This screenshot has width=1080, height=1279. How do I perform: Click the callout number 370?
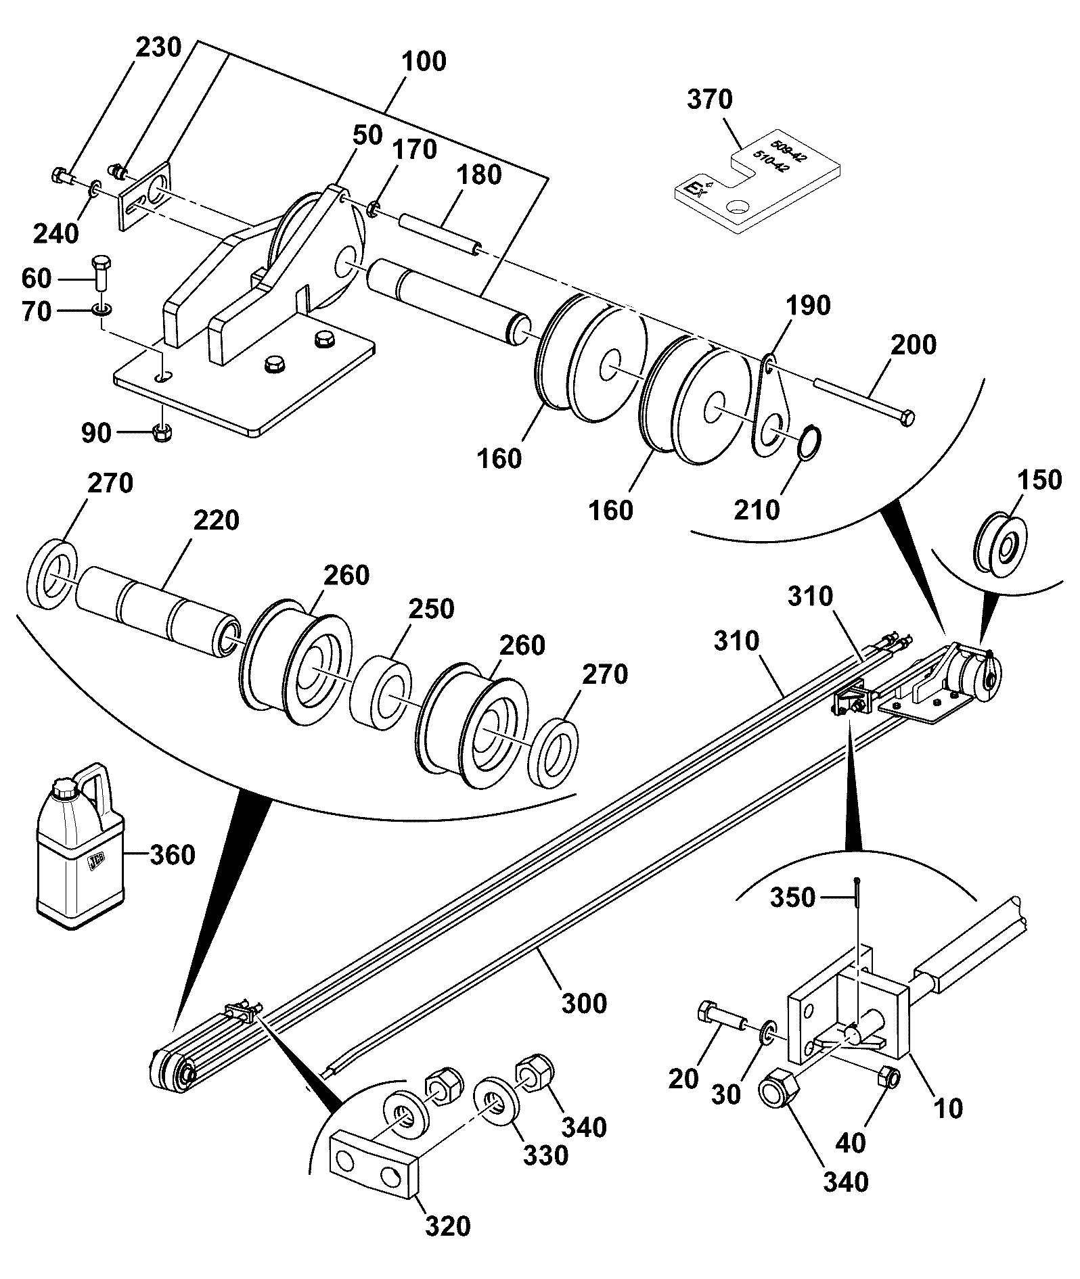pos(710,99)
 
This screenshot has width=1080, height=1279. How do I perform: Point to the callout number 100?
pos(424,62)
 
